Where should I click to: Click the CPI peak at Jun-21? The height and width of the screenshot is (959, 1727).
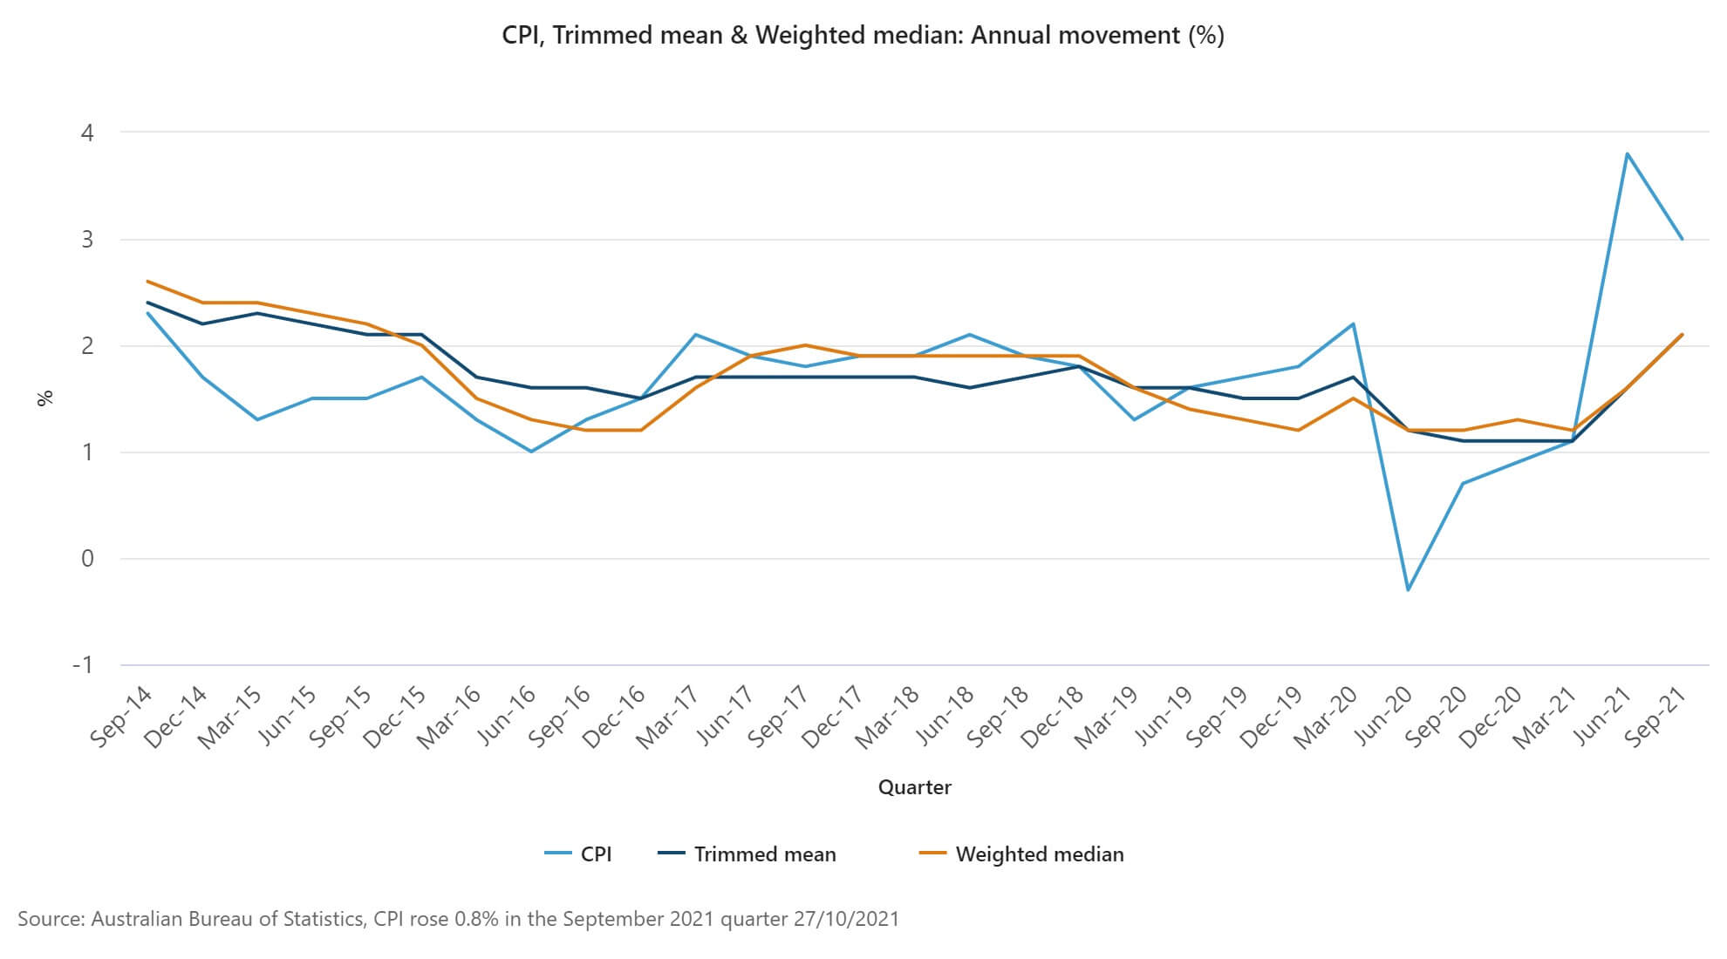tap(1628, 154)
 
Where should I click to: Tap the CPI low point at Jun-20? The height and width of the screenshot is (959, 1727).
tap(1408, 590)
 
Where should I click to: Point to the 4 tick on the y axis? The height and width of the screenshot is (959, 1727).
tap(87, 133)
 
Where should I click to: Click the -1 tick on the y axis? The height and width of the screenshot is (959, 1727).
tap(83, 665)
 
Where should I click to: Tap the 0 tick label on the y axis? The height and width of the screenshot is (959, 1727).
tap(87, 559)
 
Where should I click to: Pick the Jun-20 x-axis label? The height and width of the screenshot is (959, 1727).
tap(1383, 717)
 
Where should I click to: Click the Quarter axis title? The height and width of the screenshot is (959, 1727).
tap(914, 787)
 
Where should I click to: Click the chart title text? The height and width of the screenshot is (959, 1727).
tap(863, 35)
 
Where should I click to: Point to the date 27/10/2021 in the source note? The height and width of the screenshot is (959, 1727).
tap(846, 919)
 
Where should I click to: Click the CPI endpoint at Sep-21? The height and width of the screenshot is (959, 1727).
tap(1683, 239)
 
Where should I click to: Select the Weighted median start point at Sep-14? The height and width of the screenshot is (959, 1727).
tap(148, 282)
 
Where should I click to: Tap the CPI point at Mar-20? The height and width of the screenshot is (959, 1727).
tap(1353, 324)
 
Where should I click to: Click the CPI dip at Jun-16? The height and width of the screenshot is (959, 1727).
tap(531, 452)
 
